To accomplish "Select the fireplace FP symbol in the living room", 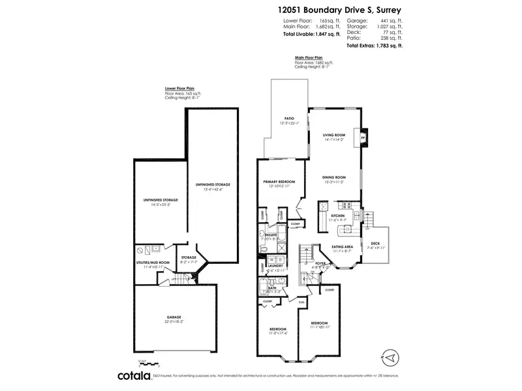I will click(362, 137).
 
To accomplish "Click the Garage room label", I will click(173, 317).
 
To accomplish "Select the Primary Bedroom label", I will click(279, 182).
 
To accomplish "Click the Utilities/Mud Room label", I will click(153, 262).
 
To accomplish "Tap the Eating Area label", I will click(343, 246).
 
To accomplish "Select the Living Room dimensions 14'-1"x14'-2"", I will click(333, 139).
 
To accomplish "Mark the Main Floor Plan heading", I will click(309, 57).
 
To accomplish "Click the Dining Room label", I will click(333, 177).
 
